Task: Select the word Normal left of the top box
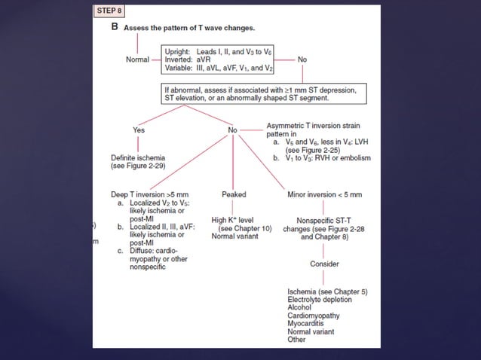pos(137,59)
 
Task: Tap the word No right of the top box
pos(302,59)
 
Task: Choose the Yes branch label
pos(139,130)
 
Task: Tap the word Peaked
pos(234,194)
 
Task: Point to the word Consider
pos(325,264)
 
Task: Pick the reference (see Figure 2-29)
pos(140,165)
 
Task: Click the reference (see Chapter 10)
pos(246,228)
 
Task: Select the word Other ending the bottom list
pos(297,340)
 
